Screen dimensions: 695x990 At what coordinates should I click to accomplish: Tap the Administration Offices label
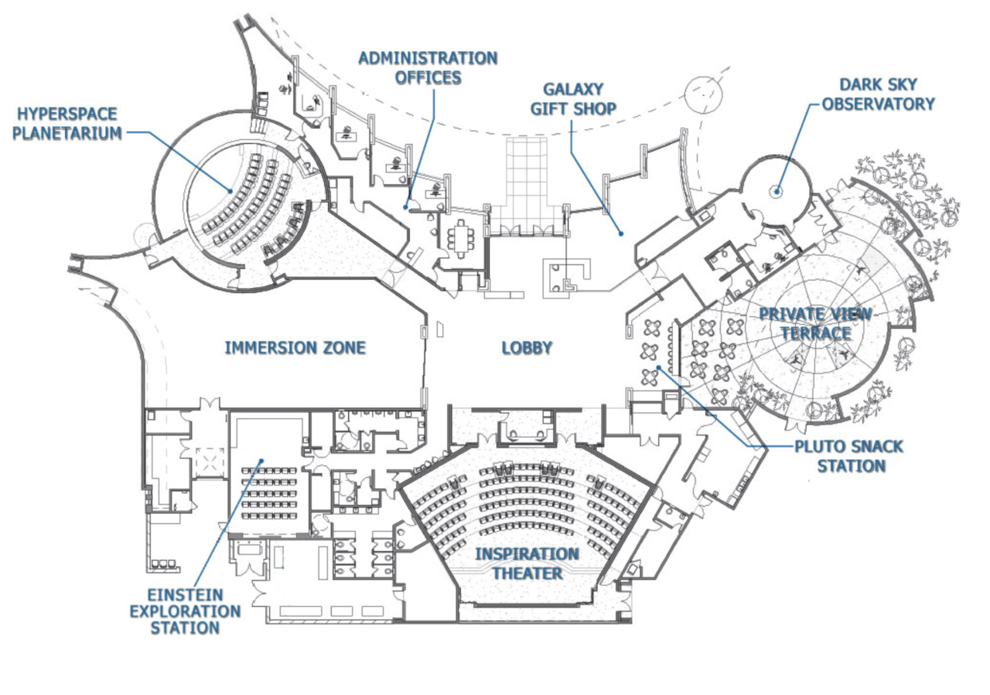point(428,68)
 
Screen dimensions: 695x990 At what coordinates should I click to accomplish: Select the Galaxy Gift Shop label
point(573,99)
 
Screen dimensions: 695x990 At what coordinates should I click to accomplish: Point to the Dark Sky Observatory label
point(878,94)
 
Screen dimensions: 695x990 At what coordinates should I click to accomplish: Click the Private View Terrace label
point(815,323)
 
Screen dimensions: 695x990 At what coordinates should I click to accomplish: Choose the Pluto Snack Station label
point(848,456)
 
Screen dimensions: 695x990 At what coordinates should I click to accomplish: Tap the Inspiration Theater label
point(527,564)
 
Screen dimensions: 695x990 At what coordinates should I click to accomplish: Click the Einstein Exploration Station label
point(185,611)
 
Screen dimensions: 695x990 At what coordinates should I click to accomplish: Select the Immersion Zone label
point(295,348)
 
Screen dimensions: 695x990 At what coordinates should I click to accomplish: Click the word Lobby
point(527,348)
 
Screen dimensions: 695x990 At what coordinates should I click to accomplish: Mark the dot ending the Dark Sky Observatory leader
point(777,192)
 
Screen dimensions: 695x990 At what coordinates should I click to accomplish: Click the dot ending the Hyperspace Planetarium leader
point(230,190)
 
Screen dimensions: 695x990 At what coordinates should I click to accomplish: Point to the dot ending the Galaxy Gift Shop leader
point(620,233)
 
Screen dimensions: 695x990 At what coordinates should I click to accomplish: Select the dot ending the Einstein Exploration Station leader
point(261,462)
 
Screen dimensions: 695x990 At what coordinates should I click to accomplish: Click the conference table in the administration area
point(463,237)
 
